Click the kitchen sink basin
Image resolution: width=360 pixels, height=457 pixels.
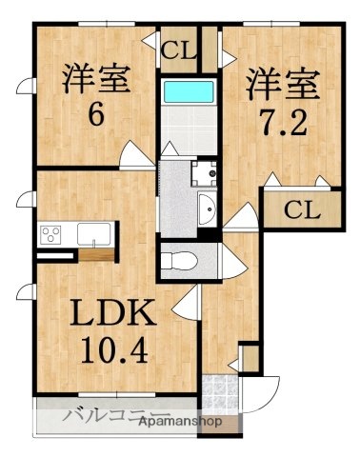(93, 235)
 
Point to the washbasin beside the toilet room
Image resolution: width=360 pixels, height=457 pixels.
(207, 206)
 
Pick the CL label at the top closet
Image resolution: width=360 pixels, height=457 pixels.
(178, 50)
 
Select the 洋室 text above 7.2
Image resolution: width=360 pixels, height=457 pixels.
(281, 81)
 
